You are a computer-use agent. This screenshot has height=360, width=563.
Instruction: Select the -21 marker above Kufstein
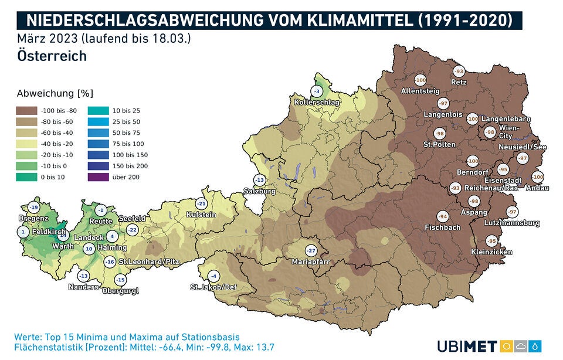(201, 203)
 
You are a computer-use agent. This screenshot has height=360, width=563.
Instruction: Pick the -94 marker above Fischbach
(443, 216)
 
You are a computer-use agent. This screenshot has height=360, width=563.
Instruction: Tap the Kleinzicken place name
(491, 252)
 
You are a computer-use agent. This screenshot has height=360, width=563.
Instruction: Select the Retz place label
(459, 82)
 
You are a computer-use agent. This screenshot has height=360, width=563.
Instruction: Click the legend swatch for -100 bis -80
(26, 110)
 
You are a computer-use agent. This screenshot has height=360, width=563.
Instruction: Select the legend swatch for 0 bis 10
(26, 177)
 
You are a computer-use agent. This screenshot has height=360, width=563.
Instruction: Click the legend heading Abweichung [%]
(55, 93)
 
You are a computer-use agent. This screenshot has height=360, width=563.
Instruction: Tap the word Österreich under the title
(52, 56)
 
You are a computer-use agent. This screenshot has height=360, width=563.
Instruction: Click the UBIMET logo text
(467, 346)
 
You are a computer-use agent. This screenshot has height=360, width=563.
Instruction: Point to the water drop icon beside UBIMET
(535, 346)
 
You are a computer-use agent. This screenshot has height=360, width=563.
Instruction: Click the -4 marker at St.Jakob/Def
(215, 276)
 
